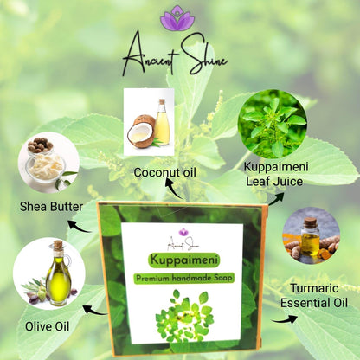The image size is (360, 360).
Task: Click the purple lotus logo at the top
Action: click(177, 18)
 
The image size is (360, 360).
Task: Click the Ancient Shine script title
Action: click(175, 55)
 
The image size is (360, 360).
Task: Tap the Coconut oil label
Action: click(165, 172)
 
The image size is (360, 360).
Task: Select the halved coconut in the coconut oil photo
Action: click(141, 132)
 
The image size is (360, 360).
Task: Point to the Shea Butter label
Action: click(51, 207)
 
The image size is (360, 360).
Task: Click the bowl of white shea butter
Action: click(46, 167)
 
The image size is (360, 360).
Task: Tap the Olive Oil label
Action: click(48, 326)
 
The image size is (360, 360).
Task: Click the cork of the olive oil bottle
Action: click(58, 245)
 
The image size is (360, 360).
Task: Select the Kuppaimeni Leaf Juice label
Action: click(276, 174)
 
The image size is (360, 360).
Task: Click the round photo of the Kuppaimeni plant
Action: click(273, 124)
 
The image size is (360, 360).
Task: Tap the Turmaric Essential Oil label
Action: click(314, 295)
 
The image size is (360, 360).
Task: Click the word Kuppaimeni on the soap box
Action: click(184, 260)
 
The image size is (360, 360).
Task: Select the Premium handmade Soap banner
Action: click(184, 278)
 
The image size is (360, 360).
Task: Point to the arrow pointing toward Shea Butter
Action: click(80, 227)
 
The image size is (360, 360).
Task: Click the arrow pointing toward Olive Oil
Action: click(96, 311)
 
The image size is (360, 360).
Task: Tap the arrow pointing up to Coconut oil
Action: click(174, 189)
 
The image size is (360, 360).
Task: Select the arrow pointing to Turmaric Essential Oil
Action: click(285, 319)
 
